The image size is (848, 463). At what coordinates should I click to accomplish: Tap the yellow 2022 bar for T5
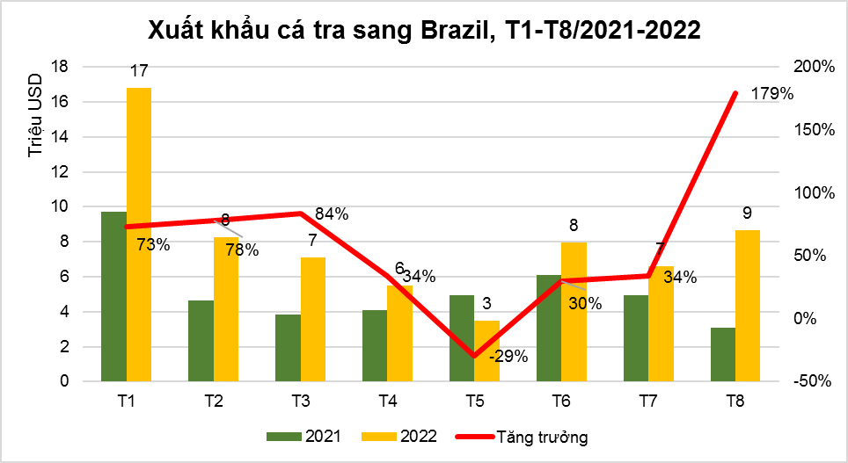[x=486, y=351]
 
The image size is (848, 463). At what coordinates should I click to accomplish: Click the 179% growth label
[x=772, y=94]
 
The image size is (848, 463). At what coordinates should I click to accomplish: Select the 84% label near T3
[x=332, y=213]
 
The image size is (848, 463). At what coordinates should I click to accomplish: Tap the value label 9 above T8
[x=747, y=213]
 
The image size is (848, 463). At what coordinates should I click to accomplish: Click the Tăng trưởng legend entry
[x=524, y=437]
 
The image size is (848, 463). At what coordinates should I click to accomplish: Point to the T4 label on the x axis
[x=387, y=402]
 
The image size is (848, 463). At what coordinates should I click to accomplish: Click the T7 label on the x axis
[x=648, y=402]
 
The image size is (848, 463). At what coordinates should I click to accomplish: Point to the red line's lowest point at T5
[x=473, y=356]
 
